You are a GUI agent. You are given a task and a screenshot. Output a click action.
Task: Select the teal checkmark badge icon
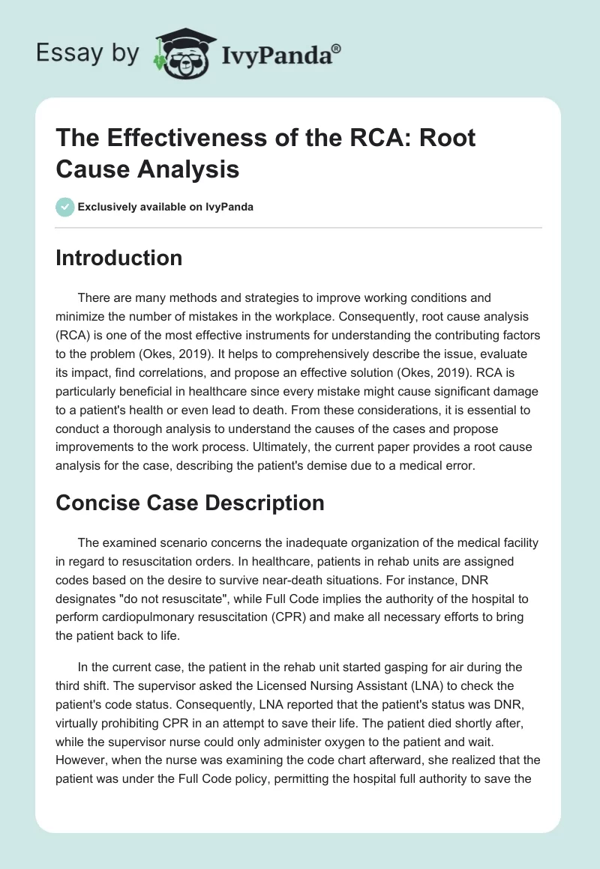click(65, 207)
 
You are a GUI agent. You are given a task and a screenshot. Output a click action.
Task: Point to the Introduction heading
click(119, 258)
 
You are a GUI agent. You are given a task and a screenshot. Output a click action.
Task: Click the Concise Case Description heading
click(190, 503)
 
